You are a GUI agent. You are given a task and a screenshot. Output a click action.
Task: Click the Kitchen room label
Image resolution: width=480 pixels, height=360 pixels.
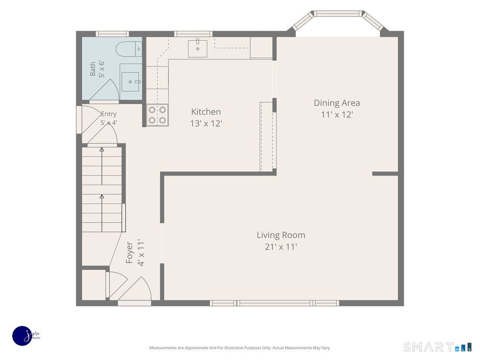point(206,112)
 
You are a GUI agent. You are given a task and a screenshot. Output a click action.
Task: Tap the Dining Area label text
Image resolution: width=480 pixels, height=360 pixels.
point(337,103)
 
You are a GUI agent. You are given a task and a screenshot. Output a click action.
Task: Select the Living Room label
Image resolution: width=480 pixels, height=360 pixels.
point(281,235)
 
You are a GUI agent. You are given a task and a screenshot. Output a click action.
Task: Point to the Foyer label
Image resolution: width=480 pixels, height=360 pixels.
point(129,253)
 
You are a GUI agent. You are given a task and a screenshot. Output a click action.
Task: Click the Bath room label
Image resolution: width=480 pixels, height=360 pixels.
point(92,68)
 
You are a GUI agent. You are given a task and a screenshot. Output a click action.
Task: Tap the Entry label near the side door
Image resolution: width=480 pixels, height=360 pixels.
point(109,114)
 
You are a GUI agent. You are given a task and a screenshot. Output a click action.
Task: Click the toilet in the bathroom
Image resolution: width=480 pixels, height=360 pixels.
point(129,49)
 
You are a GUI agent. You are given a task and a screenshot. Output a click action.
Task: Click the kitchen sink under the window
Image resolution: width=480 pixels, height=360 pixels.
point(197,48)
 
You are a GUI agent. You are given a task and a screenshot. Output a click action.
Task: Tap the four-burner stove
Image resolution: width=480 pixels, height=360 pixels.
point(157,115)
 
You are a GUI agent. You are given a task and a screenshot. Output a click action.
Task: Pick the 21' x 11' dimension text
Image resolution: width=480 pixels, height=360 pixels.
point(281,247)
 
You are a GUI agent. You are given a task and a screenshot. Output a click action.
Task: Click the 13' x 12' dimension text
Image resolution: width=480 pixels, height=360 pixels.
point(206,123)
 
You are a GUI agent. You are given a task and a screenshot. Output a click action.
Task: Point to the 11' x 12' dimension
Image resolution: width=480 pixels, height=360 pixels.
point(337,114)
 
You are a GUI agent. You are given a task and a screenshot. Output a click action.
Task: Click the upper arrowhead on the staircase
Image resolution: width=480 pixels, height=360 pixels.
point(102,150)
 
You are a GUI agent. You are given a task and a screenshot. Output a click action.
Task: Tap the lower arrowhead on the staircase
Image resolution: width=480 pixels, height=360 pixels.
point(102,196)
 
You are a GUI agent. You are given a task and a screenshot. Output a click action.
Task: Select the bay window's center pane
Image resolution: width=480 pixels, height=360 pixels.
point(337,14)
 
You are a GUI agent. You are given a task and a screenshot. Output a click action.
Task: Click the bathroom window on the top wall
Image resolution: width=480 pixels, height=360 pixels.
point(112,34)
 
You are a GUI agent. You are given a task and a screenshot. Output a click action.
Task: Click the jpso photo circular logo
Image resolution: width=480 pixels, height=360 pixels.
point(23,336)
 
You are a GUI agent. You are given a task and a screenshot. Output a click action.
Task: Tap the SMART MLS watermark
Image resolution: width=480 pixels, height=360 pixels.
point(438,347)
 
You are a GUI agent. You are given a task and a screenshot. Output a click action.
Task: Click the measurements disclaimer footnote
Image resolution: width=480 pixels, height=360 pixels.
point(240,348)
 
